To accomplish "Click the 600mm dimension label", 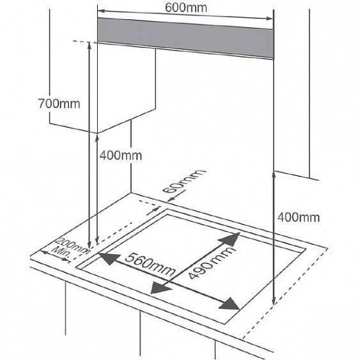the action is coord(185,8).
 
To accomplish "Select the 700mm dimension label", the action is coord(59,104).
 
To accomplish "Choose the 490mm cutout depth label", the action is coord(212,263).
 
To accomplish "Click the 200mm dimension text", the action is coord(71,246).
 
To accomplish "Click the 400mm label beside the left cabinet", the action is coord(121,155).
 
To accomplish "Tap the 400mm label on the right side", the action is coord(299,217).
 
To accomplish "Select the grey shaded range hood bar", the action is coord(185,38).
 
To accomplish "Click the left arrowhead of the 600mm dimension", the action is coord(102,11).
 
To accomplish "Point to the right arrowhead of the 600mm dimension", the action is coord(270,19).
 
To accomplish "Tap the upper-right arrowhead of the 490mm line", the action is coord(230,239).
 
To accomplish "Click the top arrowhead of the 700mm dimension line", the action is coord(90,45).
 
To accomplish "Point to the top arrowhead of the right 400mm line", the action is coord(274,175).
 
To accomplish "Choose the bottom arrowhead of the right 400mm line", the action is coord(274,301).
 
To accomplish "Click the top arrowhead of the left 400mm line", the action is coord(97,138).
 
